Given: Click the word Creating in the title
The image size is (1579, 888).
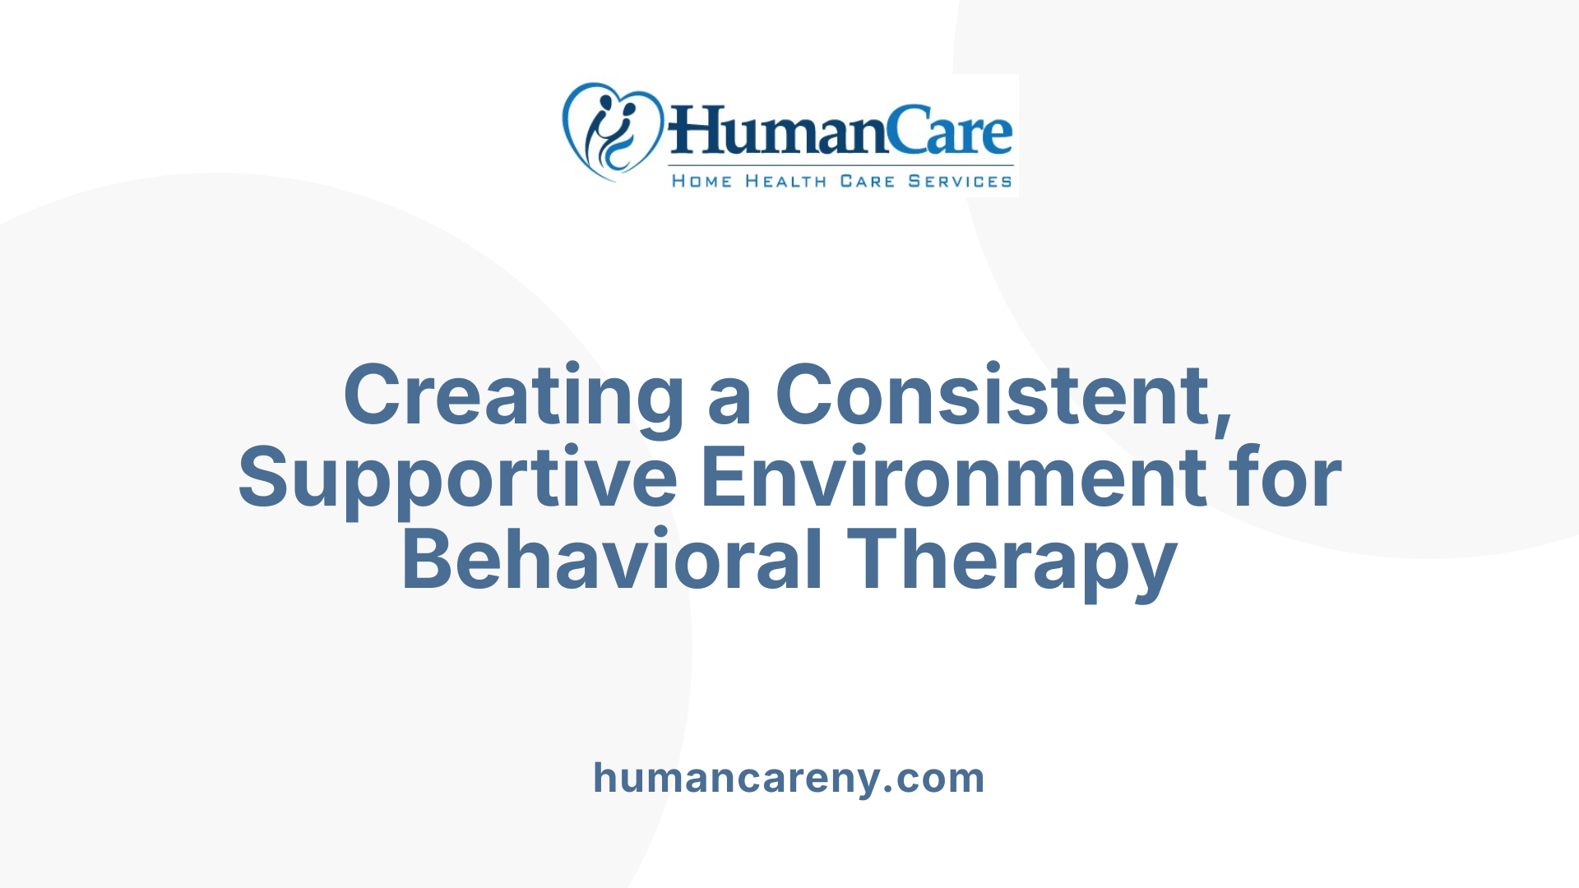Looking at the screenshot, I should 513,396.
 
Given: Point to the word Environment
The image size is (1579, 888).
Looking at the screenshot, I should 954,477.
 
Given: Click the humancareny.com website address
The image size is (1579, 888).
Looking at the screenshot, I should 789,778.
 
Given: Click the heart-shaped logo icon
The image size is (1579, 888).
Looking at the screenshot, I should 612,132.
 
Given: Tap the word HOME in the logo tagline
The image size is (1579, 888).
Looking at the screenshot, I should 702,182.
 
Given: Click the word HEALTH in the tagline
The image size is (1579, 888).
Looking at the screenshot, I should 785,182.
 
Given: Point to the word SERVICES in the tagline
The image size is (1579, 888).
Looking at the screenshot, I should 960,182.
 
